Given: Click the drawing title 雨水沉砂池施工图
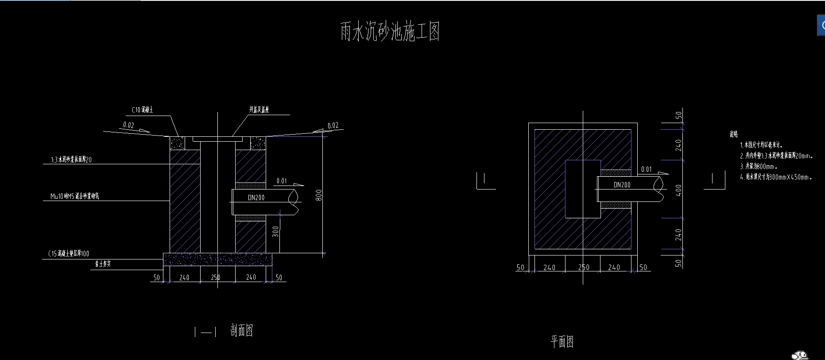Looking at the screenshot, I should [x=390, y=31].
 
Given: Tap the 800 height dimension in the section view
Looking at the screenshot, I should [x=319, y=195].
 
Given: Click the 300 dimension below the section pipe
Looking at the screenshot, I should [x=275, y=232].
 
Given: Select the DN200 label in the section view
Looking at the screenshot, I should [x=256, y=198].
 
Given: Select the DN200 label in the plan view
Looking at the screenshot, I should [x=622, y=185].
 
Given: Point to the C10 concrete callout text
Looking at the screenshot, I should [x=142, y=110].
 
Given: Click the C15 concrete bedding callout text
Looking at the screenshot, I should [x=69, y=254].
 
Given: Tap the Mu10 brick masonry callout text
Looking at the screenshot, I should [x=74, y=196].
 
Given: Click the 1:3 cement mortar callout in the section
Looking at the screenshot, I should [x=71, y=159].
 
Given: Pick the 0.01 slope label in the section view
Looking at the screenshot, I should [x=282, y=181].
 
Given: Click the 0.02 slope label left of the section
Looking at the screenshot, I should [x=128, y=125].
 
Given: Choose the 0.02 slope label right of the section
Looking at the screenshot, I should [x=333, y=125].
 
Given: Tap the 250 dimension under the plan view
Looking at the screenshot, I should [x=584, y=267].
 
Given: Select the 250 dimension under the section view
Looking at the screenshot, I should [x=215, y=278].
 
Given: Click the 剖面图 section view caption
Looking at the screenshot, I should [x=242, y=330].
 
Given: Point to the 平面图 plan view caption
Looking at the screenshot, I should [x=562, y=341].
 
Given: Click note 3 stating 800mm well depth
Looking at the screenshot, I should [x=759, y=166].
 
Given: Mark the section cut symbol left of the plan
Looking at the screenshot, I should [x=485, y=181].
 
